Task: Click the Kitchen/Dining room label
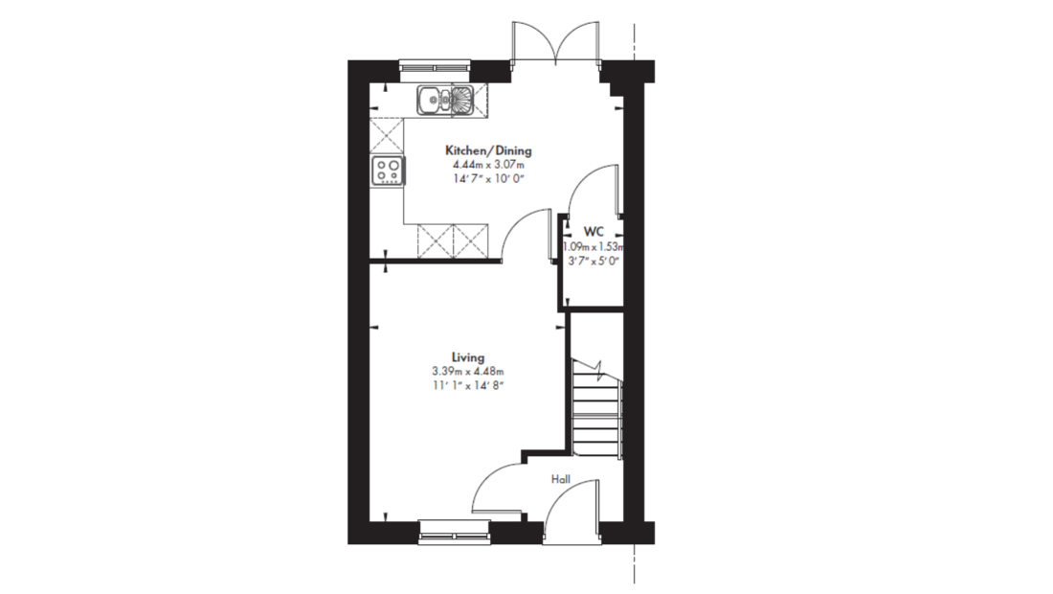pos(488,150)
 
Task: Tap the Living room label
pos(468,357)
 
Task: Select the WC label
pos(593,232)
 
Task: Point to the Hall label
pos(561,479)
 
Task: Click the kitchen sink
pos(445,101)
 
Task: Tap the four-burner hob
pos(388,170)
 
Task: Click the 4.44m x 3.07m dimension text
pos(488,165)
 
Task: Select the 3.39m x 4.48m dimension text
pos(468,372)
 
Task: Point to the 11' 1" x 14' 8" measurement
pos(468,386)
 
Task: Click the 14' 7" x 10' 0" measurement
pos(488,179)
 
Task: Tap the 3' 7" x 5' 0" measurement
pos(593,262)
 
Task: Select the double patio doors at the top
pos(556,41)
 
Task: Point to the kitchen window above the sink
pos(436,66)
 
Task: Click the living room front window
pos(455,530)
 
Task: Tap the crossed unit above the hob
pos(386,137)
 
